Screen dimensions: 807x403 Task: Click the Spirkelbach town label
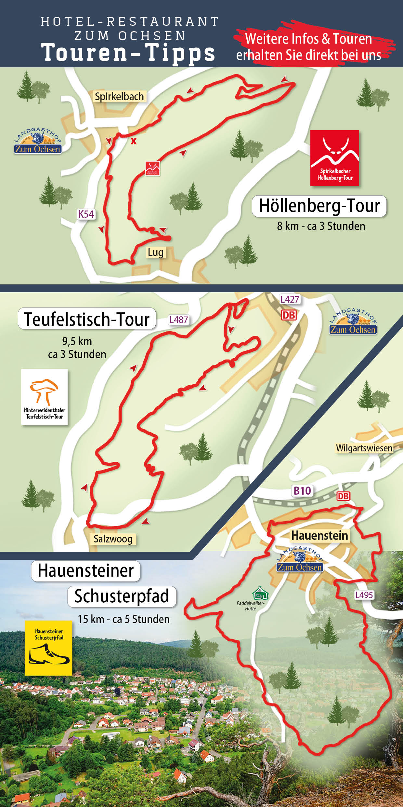point(119,97)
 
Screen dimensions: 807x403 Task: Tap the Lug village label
point(156,253)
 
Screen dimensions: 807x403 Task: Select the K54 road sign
point(86,214)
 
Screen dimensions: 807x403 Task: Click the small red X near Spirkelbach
point(134,141)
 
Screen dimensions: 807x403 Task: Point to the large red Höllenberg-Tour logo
point(335,158)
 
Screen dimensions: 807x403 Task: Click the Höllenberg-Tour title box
point(319,206)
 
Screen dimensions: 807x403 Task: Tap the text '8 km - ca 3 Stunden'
point(321,226)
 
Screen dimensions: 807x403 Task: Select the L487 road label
point(178,320)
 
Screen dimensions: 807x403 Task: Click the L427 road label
point(290,299)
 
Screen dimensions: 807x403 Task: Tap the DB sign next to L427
point(289,315)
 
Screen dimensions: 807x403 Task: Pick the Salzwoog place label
point(113,539)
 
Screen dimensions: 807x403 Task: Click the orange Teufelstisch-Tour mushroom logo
point(45,397)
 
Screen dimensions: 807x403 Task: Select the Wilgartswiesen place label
point(364,448)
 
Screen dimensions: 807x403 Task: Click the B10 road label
point(302,491)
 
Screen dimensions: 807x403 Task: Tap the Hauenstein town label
point(319,536)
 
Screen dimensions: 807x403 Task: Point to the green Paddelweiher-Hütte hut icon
point(260,593)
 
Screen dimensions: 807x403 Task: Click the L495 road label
point(364,595)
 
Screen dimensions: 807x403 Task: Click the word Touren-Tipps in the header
point(128,53)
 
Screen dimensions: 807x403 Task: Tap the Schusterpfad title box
point(122,596)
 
